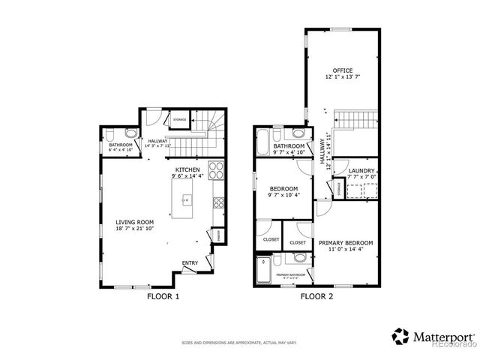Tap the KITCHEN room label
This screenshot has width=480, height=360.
pyautogui.click(x=187, y=170)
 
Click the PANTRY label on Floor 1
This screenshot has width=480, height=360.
pyautogui.click(x=219, y=235)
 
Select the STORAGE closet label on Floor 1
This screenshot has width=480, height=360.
pyautogui.click(x=180, y=118)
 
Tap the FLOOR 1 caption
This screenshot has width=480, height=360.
pyautogui.click(x=163, y=296)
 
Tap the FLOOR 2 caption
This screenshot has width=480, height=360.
pyautogui.click(x=316, y=296)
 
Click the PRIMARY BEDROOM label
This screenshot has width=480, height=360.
pyautogui.click(x=346, y=243)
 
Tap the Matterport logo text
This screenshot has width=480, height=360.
pyautogui.click(x=439, y=336)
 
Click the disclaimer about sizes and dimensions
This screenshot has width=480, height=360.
pyautogui.click(x=239, y=343)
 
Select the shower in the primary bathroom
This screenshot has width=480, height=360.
pyautogui.click(x=262, y=271)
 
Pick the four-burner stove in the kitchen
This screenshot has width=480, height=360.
pyautogui.click(x=215, y=170)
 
